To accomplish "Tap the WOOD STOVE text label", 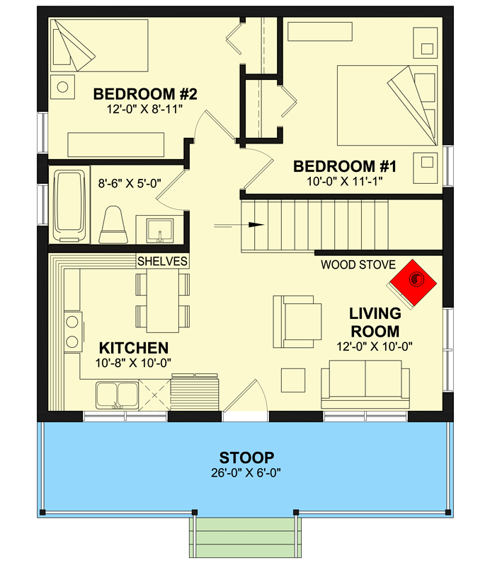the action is click(358, 265).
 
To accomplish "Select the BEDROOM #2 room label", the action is click(145, 94).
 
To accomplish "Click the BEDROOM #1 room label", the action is click(345, 166).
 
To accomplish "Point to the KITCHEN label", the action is click(134, 348).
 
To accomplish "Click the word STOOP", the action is click(247, 458).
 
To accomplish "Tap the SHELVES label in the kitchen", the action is click(162, 261).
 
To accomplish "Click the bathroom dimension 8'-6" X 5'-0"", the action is click(130, 183).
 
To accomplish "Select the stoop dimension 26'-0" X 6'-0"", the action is click(246, 472).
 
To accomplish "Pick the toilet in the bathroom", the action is click(113, 224).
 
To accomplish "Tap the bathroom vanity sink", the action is click(160, 231).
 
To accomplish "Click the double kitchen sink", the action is click(117, 396).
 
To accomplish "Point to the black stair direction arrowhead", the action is click(256, 225).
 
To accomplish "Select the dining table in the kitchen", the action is click(163, 301).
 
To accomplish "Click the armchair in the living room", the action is click(297, 322).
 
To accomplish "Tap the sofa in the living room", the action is click(365, 384).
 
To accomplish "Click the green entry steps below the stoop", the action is click(246, 537).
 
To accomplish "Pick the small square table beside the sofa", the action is click(293, 380).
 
